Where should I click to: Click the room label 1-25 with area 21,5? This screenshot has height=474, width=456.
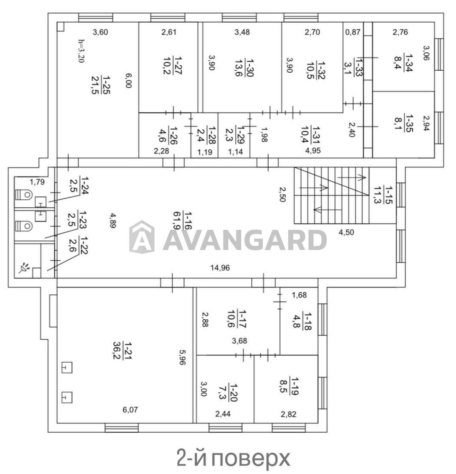click(101, 85)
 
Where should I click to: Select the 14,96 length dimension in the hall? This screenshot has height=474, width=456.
click(220, 268)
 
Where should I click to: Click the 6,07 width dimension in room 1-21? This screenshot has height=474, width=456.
click(130, 410)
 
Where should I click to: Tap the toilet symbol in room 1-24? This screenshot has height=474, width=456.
click(24, 195)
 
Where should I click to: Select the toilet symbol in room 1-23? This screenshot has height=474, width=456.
click(24, 226)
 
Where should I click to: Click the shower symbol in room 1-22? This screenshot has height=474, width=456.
click(24, 267)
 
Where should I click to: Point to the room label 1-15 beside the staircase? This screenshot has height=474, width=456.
click(383, 195)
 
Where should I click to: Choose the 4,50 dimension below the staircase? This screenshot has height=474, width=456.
click(346, 232)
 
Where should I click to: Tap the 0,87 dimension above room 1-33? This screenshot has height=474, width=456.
click(353, 32)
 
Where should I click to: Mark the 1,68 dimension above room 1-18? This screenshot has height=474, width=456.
click(300, 295)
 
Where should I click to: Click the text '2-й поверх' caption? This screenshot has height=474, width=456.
click(233, 458)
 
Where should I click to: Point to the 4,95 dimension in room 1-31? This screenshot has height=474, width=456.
click(313, 150)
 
